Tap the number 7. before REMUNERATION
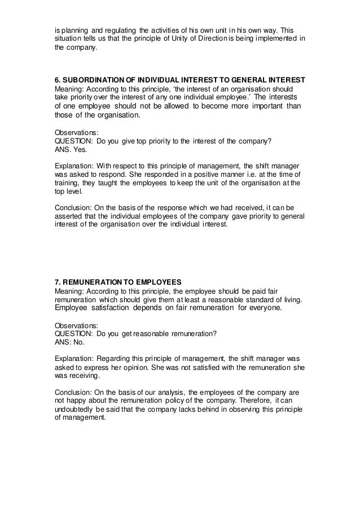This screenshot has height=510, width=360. pos(58,281)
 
